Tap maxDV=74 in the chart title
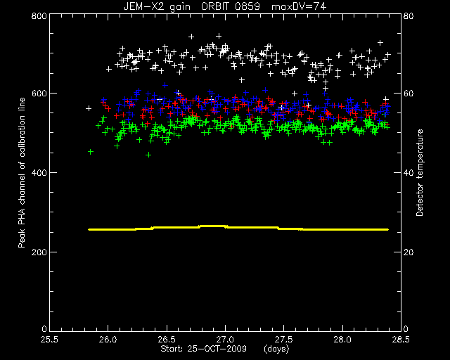[298, 6]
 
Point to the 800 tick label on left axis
[39, 15]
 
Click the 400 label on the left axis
[39, 173]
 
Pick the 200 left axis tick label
[39, 252]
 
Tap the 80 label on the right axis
[409, 15]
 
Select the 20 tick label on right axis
[409, 252]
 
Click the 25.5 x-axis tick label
[49, 340]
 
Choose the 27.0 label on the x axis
[225, 340]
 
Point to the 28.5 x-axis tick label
[401, 340]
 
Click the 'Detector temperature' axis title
[420, 172]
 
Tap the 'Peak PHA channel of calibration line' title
[22, 172]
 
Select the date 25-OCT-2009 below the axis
[217, 349]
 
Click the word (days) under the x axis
[276, 349]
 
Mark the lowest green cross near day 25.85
[91, 152]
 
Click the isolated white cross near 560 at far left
[89, 108]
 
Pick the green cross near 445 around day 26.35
[148, 155]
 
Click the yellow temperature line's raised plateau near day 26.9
[213, 226]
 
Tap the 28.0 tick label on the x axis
[342, 340]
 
